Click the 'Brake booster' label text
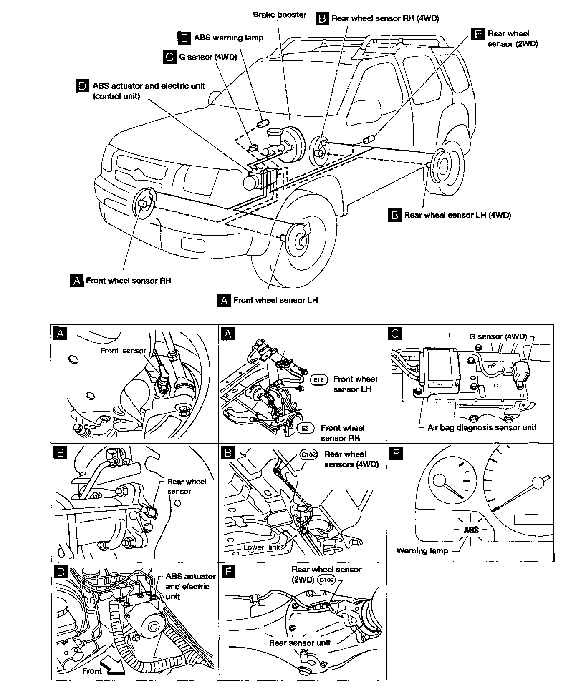point(280,15)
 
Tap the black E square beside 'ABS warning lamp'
point(184,38)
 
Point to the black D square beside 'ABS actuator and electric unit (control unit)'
point(82,86)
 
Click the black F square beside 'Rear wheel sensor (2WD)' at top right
point(477,34)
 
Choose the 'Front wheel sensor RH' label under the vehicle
point(129,281)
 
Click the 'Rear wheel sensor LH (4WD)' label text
point(457,216)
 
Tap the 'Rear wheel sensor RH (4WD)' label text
point(385,18)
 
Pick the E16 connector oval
point(320,380)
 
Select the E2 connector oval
point(305,428)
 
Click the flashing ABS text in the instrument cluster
point(471,530)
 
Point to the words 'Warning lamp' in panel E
point(422,551)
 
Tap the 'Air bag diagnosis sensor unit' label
point(482,427)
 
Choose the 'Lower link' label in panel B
point(262,547)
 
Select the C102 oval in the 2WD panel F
point(326,580)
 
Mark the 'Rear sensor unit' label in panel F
point(300,643)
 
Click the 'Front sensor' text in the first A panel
point(123,351)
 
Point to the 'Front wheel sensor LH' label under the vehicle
point(275,300)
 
